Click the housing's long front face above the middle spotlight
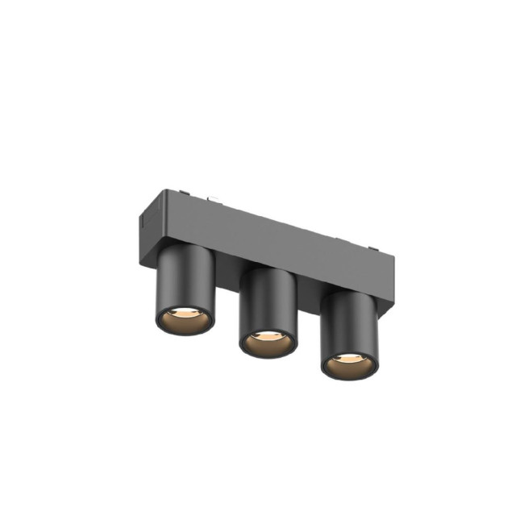(x=266, y=242)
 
